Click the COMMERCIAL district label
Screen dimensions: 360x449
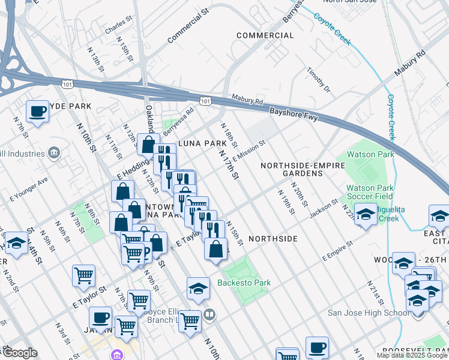tap(265, 35)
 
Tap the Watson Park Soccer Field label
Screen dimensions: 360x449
tap(369, 192)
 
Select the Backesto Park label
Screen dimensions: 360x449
tap(244, 283)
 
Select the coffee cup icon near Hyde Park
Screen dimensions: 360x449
tap(38, 111)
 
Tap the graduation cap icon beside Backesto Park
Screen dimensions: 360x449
tap(197, 288)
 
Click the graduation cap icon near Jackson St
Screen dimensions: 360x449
tap(365, 215)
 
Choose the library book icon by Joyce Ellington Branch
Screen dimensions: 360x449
tap(209, 313)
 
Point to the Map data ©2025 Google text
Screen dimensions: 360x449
tap(412, 355)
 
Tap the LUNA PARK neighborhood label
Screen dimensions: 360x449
tap(200, 144)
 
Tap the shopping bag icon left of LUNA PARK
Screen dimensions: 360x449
tap(148, 144)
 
